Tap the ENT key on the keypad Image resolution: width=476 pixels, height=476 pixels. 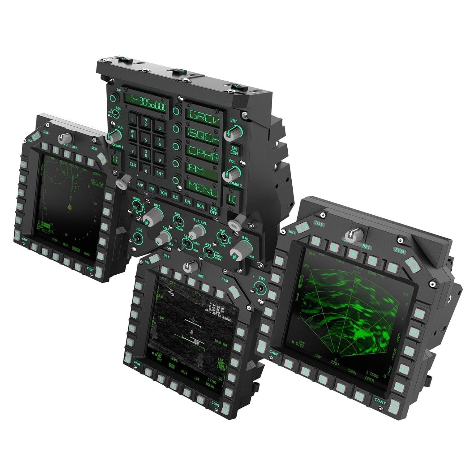[160, 174]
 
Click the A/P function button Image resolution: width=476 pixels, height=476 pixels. [140, 185]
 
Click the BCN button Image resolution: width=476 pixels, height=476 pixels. [200, 206]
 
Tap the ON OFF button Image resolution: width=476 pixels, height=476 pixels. [213, 210]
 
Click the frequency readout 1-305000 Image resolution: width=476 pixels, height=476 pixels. [148, 100]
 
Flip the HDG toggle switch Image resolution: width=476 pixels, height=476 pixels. [137, 239]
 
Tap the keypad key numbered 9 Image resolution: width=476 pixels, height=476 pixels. [160, 160]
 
